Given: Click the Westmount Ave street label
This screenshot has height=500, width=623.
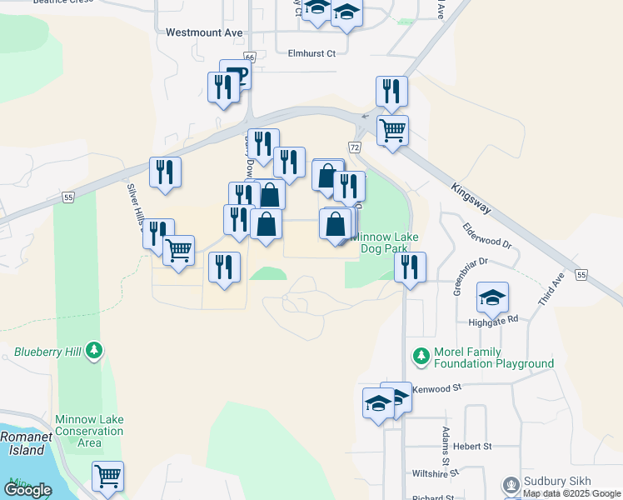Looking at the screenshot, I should (x=204, y=33).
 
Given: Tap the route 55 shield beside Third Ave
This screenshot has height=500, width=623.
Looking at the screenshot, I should (x=581, y=275).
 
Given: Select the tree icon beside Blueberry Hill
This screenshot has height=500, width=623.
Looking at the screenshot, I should (x=96, y=352).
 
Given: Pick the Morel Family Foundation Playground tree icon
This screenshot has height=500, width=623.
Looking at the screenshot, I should (x=421, y=357).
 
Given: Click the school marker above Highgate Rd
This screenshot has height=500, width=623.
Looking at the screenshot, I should (x=493, y=297).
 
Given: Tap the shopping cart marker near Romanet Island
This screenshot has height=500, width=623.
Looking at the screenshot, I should (x=107, y=476).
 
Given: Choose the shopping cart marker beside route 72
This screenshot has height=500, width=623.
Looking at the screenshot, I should (x=392, y=129).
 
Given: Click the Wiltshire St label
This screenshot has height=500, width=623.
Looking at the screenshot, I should (x=436, y=473).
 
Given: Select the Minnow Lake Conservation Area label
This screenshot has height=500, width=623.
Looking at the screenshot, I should (x=88, y=431).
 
